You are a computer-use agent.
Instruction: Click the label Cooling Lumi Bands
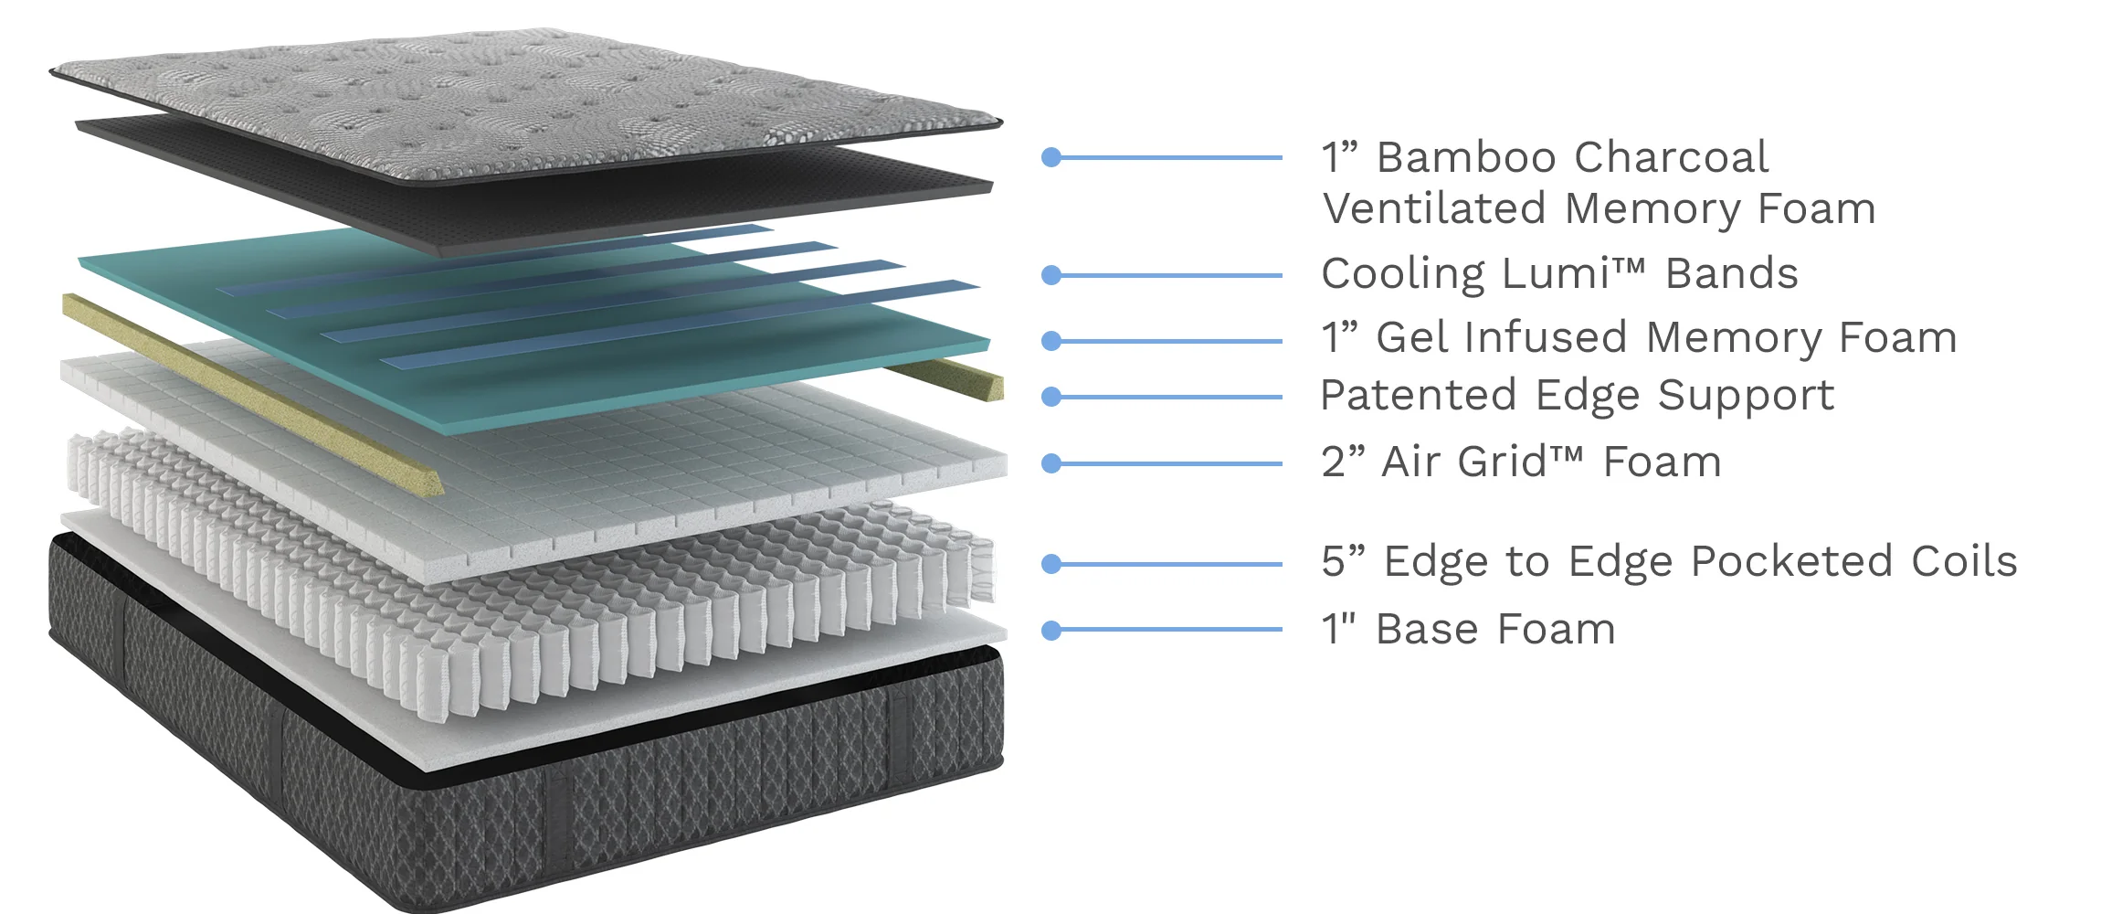pyautogui.click(x=1559, y=274)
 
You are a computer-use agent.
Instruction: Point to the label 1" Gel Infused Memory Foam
pyautogui.click(x=1639, y=339)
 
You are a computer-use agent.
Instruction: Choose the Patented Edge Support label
pyautogui.click(x=1577, y=397)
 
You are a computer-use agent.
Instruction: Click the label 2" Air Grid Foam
pyautogui.click(x=1521, y=462)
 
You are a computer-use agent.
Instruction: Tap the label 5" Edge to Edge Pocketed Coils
pyautogui.click(x=1669, y=562)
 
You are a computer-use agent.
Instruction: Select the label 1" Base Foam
pyautogui.click(x=1468, y=630)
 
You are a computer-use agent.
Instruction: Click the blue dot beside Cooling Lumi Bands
pyautogui.click(x=1051, y=275)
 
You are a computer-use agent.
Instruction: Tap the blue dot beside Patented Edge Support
pyautogui.click(x=1051, y=397)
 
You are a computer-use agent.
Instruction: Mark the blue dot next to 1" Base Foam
pyautogui.click(x=1051, y=630)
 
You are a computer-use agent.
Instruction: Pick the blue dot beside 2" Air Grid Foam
pyautogui.click(x=1051, y=463)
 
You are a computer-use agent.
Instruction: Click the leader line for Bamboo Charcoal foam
pyautogui.click(x=1169, y=158)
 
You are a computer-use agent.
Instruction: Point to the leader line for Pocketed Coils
pyautogui.click(x=1169, y=564)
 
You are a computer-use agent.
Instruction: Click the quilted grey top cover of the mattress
pyautogui.click(x=512, y=101)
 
